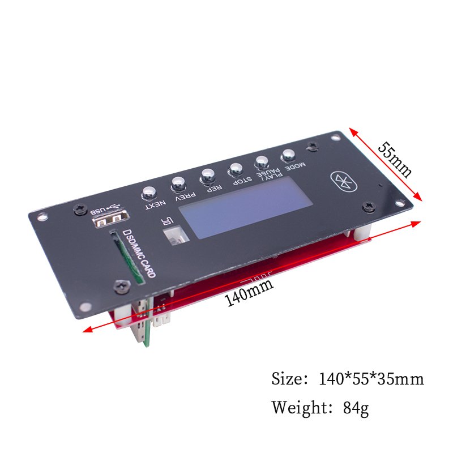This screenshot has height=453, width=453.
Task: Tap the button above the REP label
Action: pos(207,176)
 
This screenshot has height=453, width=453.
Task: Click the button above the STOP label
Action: pos(236,169)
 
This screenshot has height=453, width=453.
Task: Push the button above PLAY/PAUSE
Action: pos(262,162)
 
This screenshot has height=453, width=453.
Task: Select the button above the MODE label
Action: pos(288,156)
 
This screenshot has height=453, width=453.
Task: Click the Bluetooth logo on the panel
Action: pos(344,182)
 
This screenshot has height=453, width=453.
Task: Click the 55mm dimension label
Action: pos(395,160)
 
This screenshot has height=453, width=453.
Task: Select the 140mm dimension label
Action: pos(249,292)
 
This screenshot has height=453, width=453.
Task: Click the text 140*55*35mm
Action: pos(371,379)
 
